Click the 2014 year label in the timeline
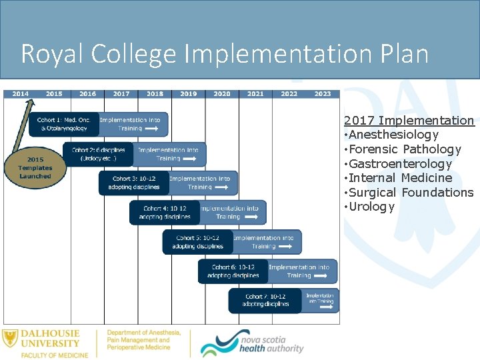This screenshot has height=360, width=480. coord(20,94)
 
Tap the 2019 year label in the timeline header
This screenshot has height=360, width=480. coord(188,94)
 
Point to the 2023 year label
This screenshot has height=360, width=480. coord(323,94)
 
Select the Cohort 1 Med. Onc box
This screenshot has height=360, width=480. coord(64,124)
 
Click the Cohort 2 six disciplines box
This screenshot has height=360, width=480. coord(98,155)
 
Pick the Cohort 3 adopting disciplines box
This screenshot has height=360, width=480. coord(134,183)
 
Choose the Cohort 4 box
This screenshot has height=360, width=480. coord(165,213)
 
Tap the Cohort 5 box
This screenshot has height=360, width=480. coord(198,242)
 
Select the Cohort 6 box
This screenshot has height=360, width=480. coord(233,271)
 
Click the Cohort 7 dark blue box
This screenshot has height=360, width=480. coord(265,301)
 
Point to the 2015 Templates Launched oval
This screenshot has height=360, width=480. coord(35,168)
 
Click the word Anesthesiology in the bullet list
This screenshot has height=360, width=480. coord(393,135)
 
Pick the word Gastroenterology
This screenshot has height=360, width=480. coord(400,164)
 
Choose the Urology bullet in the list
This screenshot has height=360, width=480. coord(371,207)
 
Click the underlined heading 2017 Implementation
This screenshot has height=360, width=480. coord(409,121)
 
